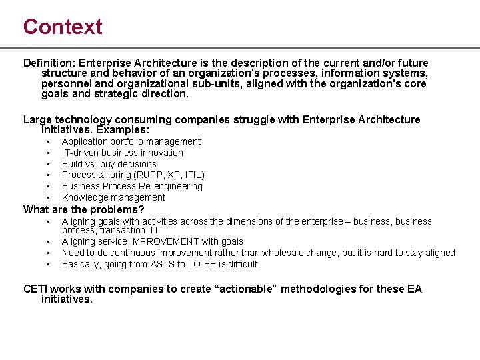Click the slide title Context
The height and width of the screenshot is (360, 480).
point(63,27)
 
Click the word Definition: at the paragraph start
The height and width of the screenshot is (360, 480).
point(49,63)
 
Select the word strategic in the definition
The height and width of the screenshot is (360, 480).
point(117,94)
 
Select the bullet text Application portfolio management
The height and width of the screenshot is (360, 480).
point(131,141)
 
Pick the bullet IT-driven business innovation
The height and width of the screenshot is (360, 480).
point(122,153)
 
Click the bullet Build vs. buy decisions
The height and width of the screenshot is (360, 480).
point(109,164)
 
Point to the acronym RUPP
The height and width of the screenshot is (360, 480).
point(151,175)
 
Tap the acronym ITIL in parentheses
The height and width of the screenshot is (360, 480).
point(193,175)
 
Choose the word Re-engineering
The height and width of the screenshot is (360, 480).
point(170,186)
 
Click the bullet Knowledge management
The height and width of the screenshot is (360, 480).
point(113,197)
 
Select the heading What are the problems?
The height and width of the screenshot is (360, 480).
point(83,209)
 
